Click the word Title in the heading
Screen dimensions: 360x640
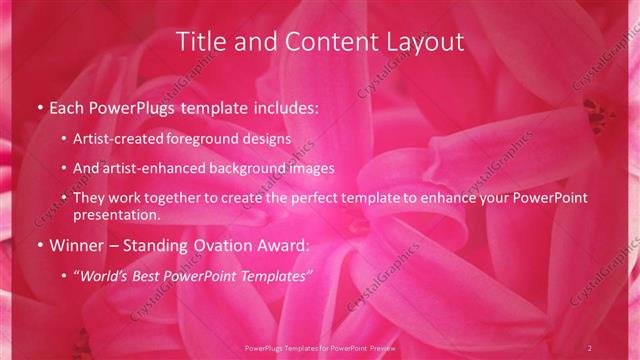coord(199,42)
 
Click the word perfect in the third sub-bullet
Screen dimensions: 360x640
coord(310,198)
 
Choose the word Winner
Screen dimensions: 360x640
coord(75,245)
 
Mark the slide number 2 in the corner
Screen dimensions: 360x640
coord(591,347)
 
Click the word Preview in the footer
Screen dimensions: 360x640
coord(379,348)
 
